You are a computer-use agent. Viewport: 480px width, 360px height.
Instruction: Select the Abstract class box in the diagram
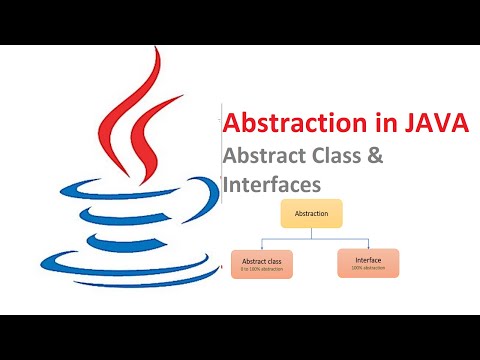point(262,264)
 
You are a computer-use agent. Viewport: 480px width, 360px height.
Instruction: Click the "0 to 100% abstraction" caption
point(262,269)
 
